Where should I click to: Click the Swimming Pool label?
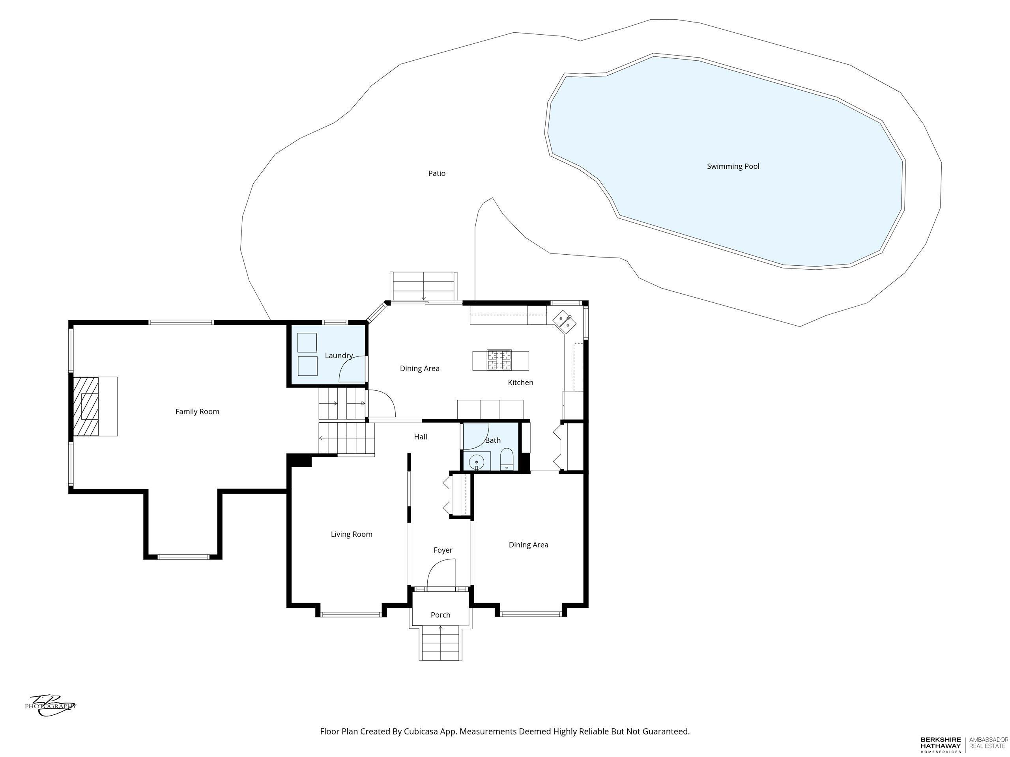[733, 166]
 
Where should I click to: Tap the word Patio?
[436, 173]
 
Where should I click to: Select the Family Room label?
[197, 412]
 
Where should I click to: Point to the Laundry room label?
[339, 356]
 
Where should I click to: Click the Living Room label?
[352, 534]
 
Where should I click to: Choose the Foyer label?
[443, 550]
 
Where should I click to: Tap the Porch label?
[441, 615]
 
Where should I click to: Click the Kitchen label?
[520, 382]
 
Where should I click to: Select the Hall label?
[421, 437]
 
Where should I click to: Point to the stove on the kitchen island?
[499, 360]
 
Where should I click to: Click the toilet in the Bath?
[507, 459]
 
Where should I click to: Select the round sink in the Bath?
[476, 462]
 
